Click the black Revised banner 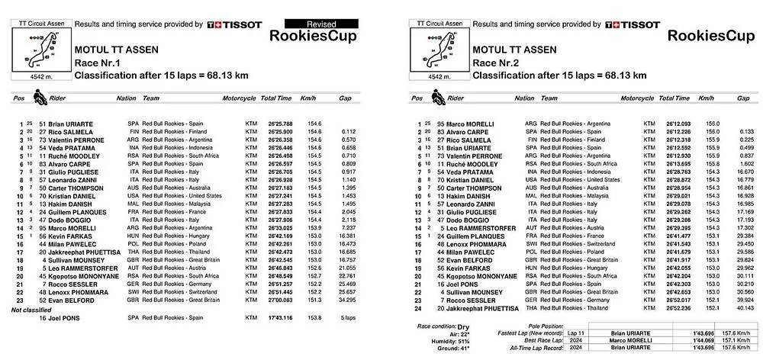[x=315, y=24]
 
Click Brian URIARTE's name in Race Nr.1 [x=71, y=123]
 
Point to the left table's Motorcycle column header [x=239, y=99]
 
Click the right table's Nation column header [x=524, y=98]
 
